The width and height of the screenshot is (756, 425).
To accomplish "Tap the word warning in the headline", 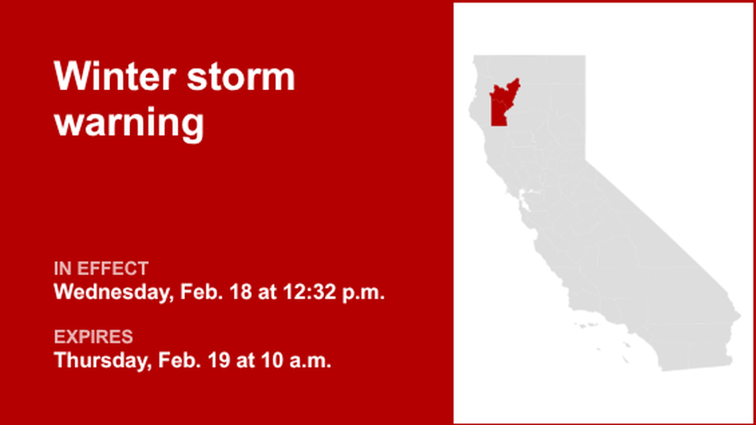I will click(129, 123).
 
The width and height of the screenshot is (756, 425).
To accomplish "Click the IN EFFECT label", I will click(101, 269).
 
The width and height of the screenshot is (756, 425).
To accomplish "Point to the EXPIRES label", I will click(93, 337).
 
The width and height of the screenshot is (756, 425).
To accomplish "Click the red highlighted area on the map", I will click(501, 105).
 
